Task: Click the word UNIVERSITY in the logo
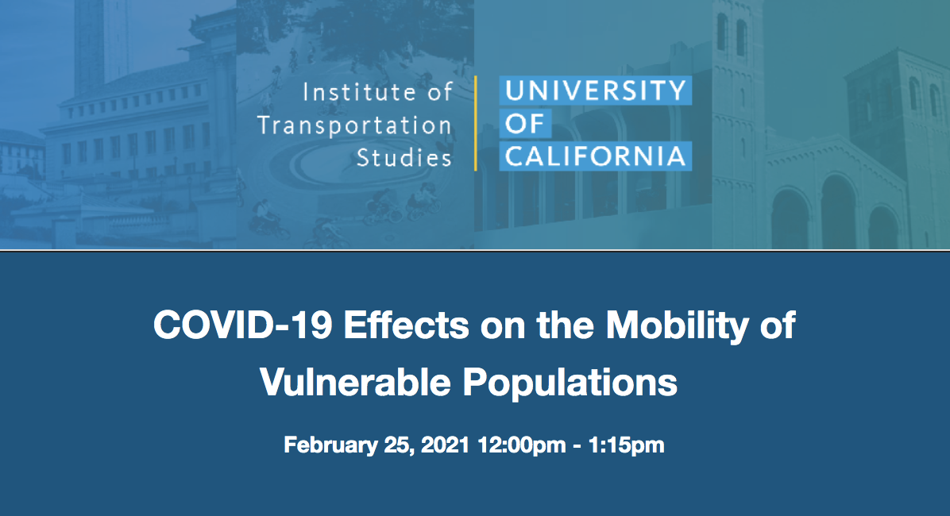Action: pos(596,90)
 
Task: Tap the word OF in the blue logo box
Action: pos(525,124)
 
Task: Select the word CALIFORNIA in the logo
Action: pos(596,156)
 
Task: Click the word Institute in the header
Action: pos(359,92)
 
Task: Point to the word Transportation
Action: pos(354,125)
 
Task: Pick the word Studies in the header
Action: pos(404,158)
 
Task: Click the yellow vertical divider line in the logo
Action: pos(476,124)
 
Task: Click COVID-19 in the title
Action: pos(242,325)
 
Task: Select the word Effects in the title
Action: pos(406,325)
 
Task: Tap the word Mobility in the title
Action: pos(678,325)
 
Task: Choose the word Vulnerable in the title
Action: pos(355,382)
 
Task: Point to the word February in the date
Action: pos(330,445)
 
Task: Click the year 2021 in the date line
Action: pos(446,445)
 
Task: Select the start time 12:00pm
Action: pos(522,446)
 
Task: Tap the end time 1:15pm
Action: pos(627,446)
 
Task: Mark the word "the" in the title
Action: pos(566,325)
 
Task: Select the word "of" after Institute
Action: pos(440,92)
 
